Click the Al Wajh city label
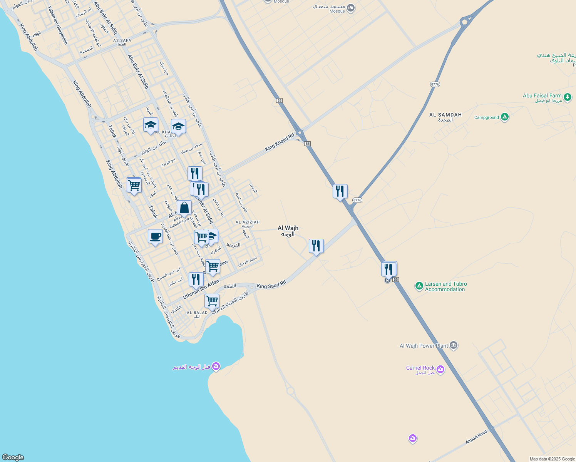click(288, 231)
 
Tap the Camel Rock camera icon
click(440, 370)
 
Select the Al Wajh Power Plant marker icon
click(453, 345)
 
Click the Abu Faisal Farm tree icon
click(568, 97)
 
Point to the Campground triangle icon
click(505, 117)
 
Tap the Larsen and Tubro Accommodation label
click(445, 286)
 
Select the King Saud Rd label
click(271, 285)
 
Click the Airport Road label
click(476, 437)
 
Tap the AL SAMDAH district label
click(445, 117)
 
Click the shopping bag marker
click(184, 208)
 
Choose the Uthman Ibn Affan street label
click(201, 290)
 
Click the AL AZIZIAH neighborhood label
click(248, 224)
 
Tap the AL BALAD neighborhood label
click(197, 314)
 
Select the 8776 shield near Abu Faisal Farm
click(435, 84)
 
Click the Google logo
click(13, 457)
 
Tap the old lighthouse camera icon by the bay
click(216, 366)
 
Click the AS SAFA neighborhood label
click(122, 42)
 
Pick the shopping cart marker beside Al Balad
click(212, 301)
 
